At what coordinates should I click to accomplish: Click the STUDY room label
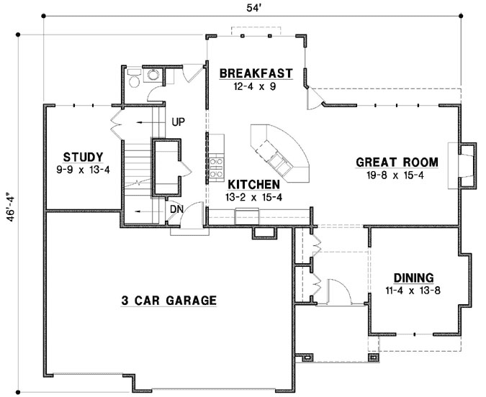pos(83,157)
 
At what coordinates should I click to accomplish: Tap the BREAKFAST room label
pos(256,73)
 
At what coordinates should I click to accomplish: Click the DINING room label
pos(413,278)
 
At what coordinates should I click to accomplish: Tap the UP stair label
pos(179,122)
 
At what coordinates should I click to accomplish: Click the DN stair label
pos(176,209)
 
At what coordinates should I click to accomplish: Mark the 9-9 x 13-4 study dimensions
pos(83,170)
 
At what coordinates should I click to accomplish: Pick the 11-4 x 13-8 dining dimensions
pos(413,291)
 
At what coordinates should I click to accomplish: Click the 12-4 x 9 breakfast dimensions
pos(256,86)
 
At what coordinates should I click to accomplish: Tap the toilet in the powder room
pos(133,78)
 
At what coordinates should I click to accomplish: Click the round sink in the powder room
pos(153,75)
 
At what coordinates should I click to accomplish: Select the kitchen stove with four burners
pos(215,167)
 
